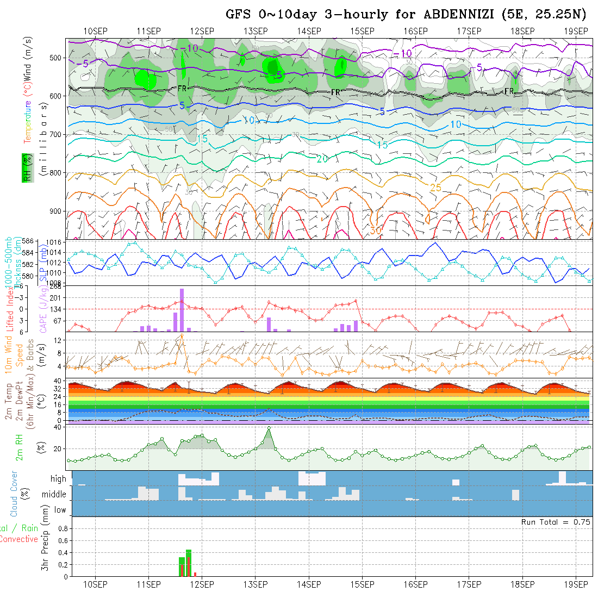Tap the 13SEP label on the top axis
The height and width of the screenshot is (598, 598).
256,31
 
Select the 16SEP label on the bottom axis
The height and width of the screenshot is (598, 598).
415,584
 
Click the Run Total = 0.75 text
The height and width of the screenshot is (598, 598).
556,522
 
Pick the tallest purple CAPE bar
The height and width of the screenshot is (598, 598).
182,310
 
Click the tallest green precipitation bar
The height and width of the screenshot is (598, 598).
189,563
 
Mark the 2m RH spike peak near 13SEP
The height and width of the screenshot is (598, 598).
269,428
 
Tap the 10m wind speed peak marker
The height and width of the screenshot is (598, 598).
182,335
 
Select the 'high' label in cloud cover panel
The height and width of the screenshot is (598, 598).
58,479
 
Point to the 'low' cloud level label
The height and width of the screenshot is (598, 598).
60,510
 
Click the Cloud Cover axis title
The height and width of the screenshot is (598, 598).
14,494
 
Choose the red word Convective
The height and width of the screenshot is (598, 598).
19,539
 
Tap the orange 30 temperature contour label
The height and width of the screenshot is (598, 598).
375,231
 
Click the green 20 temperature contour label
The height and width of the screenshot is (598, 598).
322,159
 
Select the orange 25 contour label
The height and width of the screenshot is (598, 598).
435,188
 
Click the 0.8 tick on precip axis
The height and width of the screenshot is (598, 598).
63,528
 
